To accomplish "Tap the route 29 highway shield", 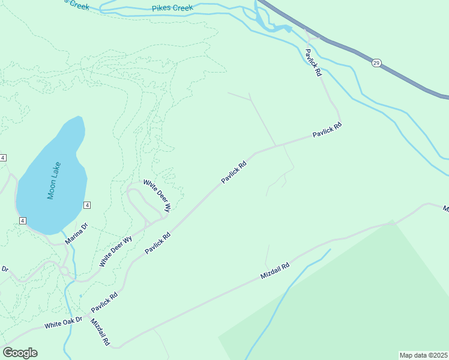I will click(x=376, y=63).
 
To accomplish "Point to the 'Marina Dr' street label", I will click(x=76, y=234).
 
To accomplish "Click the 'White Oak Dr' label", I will click(x=62, y=324).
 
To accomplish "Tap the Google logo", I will click(x=20, y=353).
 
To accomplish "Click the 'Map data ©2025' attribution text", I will click(x=423, y=355).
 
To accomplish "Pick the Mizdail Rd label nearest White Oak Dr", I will click(x=100, y=332).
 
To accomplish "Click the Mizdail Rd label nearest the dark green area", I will click(x=276, y=270).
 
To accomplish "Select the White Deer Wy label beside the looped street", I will click(x=157, y=196).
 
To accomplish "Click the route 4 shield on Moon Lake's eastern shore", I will click(x=87, y=205).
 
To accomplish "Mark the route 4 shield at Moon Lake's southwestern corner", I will click(x=22, y=221).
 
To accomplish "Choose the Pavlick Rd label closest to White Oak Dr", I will click(x=104, y=304).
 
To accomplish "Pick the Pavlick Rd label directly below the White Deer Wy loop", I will click(x=158, y=243).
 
